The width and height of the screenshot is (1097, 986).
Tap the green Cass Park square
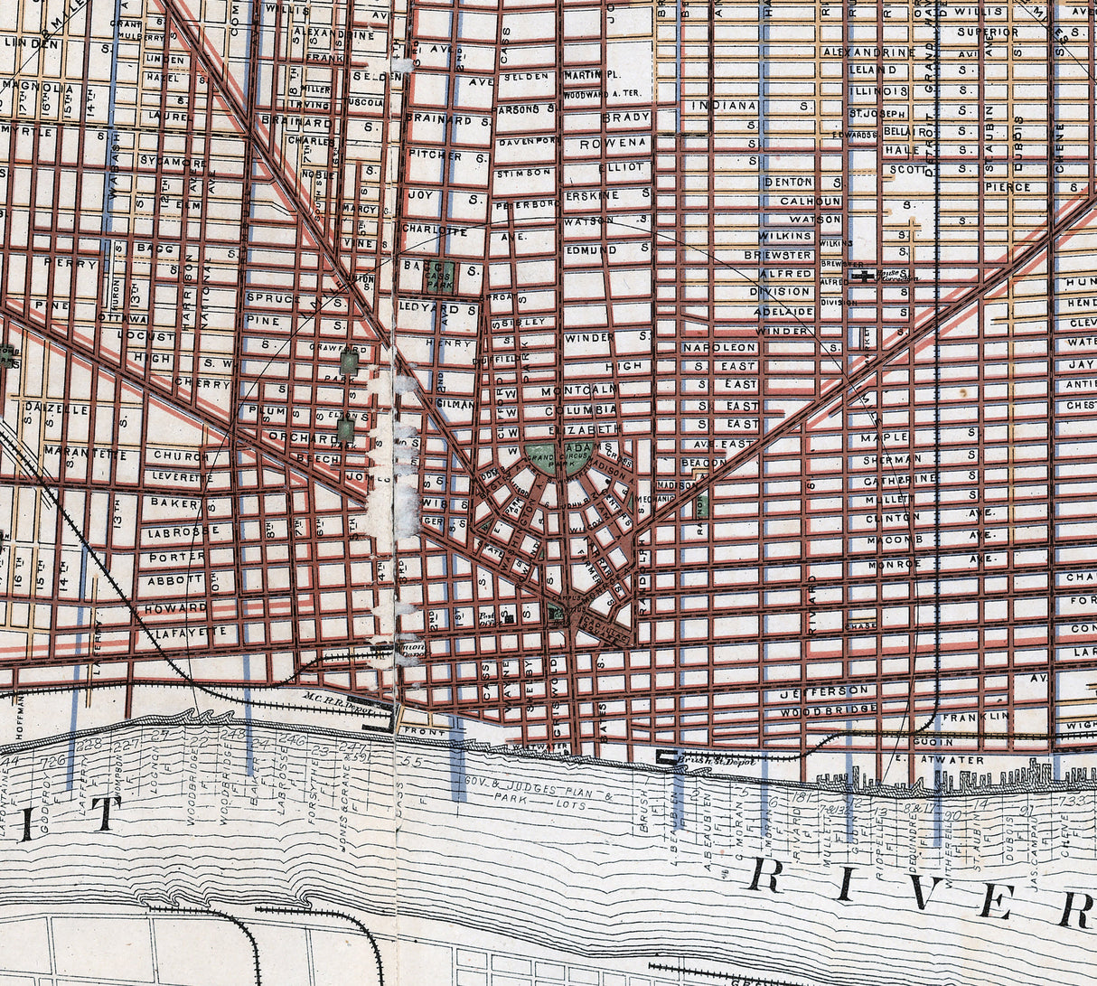tap(439, 275)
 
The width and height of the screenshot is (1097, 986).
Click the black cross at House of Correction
tap(866, 276)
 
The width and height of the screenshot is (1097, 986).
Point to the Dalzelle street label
tap(56, 408)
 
